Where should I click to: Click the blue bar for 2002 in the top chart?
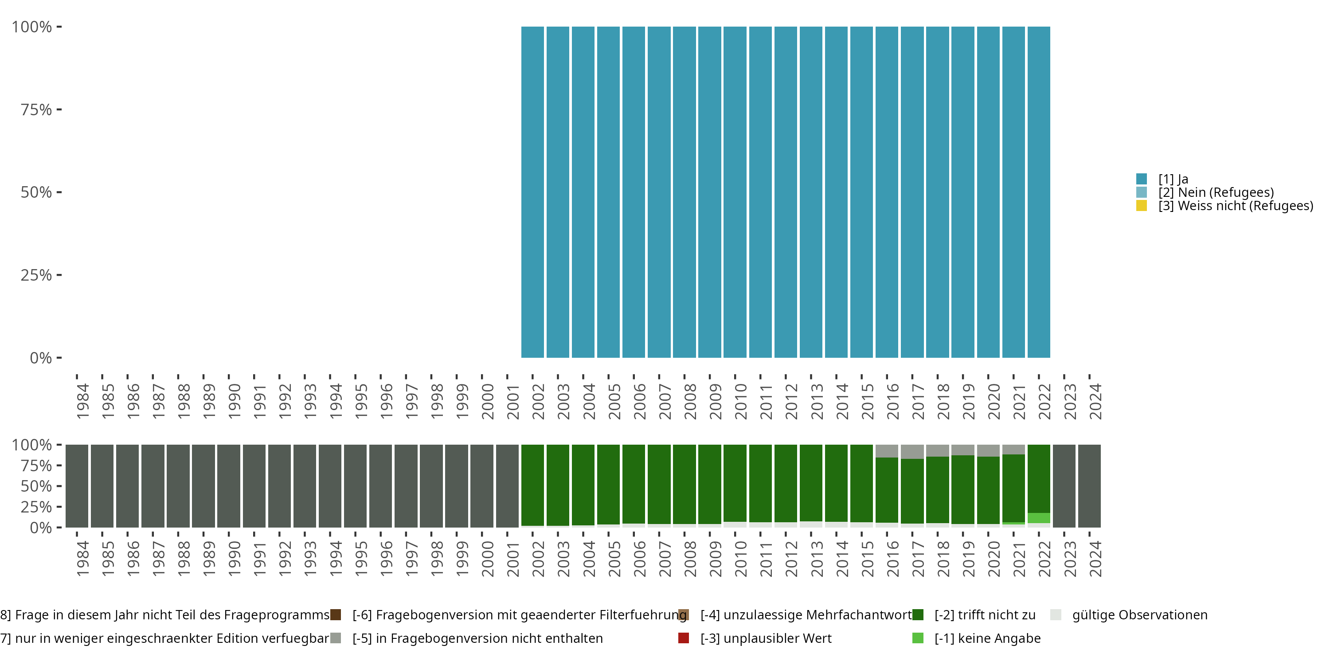[532, 192]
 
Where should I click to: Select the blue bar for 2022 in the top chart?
[1039, 192]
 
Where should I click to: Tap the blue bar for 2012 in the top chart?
[786, 192]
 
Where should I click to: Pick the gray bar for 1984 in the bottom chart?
[77, 486]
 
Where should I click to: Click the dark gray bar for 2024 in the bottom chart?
[1089, 486]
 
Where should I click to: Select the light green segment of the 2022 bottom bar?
[1039, 518]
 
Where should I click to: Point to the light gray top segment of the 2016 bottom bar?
[887, 451]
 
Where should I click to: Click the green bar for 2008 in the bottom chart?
[685, 484]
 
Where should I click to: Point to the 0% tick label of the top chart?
[41, 358]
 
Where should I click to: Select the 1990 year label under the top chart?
[235, 401]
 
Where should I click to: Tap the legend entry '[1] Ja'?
[1173, 179]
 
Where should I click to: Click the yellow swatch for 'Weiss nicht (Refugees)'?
[1142, 206]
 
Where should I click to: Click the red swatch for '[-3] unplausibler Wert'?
[684, 638]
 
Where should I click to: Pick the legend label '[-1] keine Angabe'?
[987, 638]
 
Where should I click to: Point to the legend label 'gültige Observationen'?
[1139, 615]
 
